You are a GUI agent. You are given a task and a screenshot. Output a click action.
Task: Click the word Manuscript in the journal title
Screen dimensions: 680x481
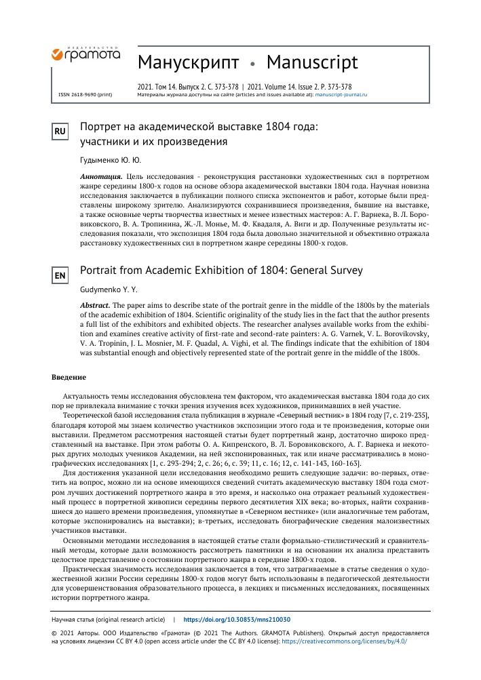312,63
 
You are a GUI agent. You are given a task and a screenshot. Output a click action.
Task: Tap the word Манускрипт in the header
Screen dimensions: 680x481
188,63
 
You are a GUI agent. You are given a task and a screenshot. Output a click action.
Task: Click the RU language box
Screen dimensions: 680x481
60,132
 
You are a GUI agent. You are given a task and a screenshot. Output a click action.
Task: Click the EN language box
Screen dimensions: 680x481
60,275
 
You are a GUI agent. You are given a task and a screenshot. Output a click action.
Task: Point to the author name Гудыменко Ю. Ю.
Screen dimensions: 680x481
111,161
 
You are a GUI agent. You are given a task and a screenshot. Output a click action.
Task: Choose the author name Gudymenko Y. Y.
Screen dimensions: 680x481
109,289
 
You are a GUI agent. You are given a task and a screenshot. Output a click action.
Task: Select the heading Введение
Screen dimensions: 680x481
69,377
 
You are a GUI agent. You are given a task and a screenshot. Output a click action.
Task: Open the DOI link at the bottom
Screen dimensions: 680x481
237,620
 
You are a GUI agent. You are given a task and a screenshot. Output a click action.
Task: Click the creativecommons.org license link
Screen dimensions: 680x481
344,640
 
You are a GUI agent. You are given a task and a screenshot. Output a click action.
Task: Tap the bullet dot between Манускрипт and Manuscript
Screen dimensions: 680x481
253,64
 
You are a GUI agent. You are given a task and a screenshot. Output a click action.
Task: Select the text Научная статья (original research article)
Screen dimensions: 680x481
109,620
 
